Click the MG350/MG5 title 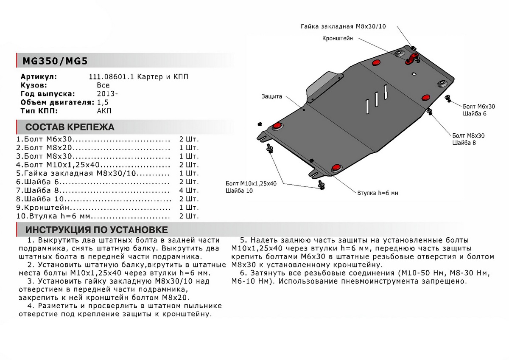coord(53,61)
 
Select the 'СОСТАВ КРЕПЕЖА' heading coord(70,127)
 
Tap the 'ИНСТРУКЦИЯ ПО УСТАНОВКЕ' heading coord(97,230)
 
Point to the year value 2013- coord(105,94)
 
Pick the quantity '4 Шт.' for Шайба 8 coord(189,190)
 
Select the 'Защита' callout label coord(272,96)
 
